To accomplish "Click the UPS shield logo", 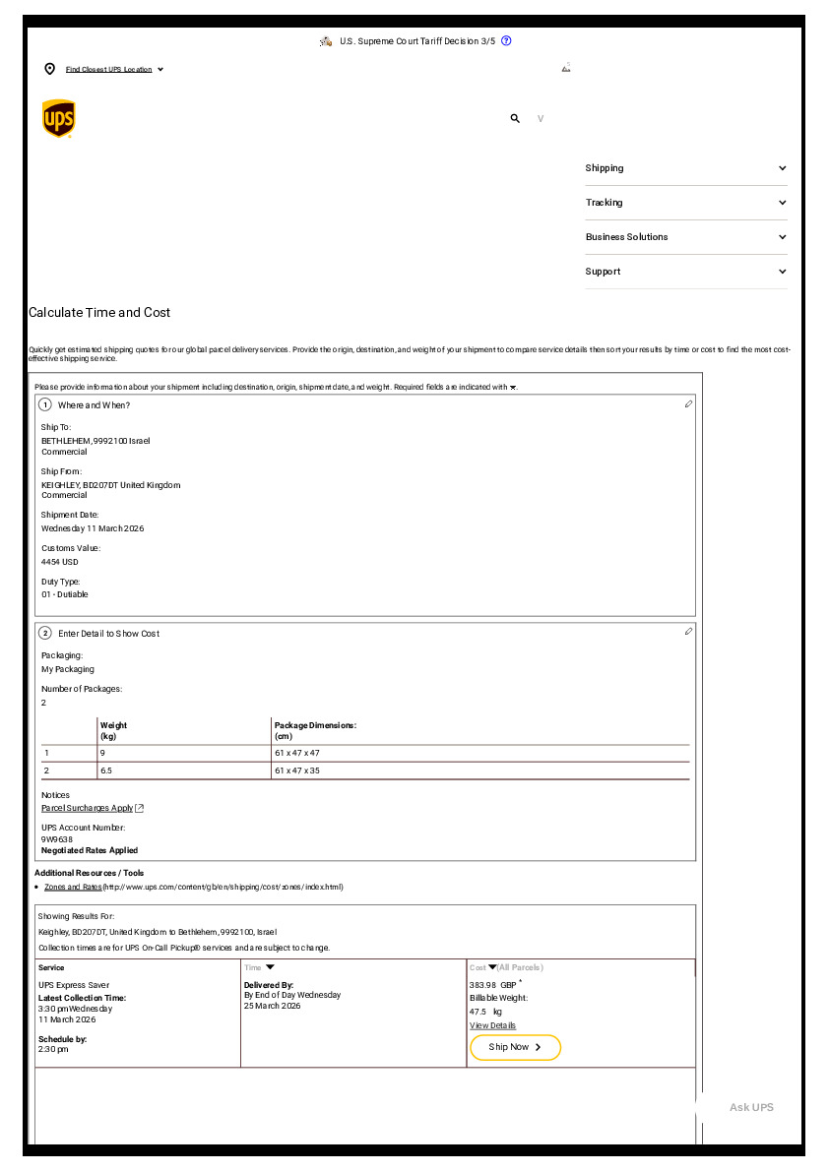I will [59, 118].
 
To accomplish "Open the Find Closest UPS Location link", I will [109, 70].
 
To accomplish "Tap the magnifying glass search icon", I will [514, 118].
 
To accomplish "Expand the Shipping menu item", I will [685, 168].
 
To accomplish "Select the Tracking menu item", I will [685, 203].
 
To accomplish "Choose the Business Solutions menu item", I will [685, 237].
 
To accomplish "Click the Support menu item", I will [685, 272].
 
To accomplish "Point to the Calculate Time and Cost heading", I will [99, 313].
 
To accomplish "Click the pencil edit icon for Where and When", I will [688, 403].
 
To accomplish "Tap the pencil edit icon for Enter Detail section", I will [688, 631].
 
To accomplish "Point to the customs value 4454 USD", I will [60, 562].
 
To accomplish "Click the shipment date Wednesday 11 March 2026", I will [93, 528].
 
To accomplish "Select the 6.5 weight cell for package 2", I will [106, 771].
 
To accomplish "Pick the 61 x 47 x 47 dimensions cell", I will [297, 753].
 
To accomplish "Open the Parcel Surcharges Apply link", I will [88, 808].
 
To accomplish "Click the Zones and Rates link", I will [73, 887].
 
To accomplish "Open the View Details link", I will [492, 1025].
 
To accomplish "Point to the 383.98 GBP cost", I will [492, 985].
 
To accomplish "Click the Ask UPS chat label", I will [751, 1108].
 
